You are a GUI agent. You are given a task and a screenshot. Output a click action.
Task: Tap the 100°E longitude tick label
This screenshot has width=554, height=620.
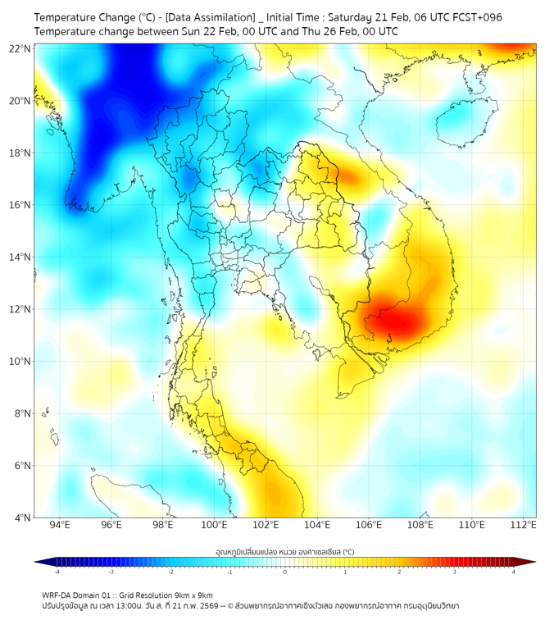[214, 525]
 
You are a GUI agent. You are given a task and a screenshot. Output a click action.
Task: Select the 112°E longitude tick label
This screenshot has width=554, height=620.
[523, 525]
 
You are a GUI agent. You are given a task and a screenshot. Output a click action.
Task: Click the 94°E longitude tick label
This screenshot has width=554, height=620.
[60, 525]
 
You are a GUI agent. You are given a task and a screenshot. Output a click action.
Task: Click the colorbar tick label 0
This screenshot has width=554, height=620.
[285, 572]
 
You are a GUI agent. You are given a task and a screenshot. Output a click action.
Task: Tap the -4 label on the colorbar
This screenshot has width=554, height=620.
[56, 572]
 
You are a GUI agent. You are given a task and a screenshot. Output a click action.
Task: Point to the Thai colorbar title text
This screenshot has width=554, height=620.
[284, 552]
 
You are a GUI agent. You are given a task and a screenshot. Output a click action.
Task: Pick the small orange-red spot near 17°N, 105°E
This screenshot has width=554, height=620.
[348, 176]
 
